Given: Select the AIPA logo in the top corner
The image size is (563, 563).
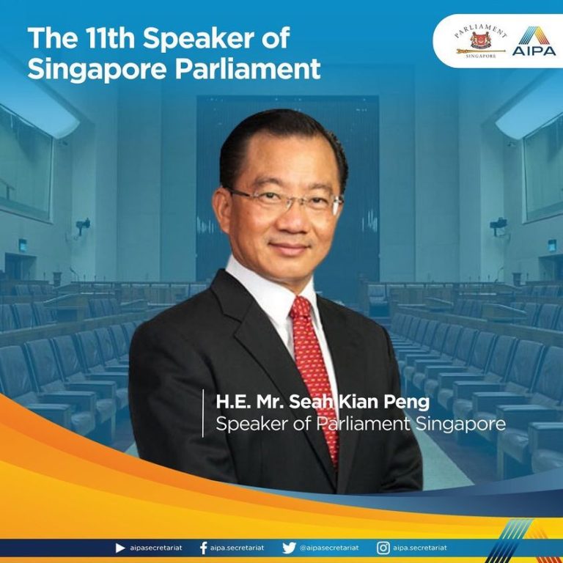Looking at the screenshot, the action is click(x=534, y=41).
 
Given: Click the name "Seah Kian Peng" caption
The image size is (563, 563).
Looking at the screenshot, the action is click(x=359, y=402).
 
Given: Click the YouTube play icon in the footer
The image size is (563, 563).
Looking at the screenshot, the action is click(x=120, y=548).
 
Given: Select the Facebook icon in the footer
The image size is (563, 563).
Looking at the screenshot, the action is click(x=203, y=548).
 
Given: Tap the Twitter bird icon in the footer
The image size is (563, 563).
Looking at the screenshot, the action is click(x=289, y=548).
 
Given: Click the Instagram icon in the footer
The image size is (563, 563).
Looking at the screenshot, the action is click(x=383, y=548).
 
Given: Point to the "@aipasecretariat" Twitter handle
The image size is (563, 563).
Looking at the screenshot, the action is click(x=329, y=548).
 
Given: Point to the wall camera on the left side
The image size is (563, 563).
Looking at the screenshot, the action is click(x=83, y=226).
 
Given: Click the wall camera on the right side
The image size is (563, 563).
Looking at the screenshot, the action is click(x=498, y=226).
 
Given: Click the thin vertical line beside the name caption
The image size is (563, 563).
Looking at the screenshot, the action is click(x=203, y=413).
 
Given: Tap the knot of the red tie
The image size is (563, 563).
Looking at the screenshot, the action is click(x=301, y=308).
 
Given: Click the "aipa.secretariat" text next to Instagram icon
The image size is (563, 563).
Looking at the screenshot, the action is click(x=420, y=548).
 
